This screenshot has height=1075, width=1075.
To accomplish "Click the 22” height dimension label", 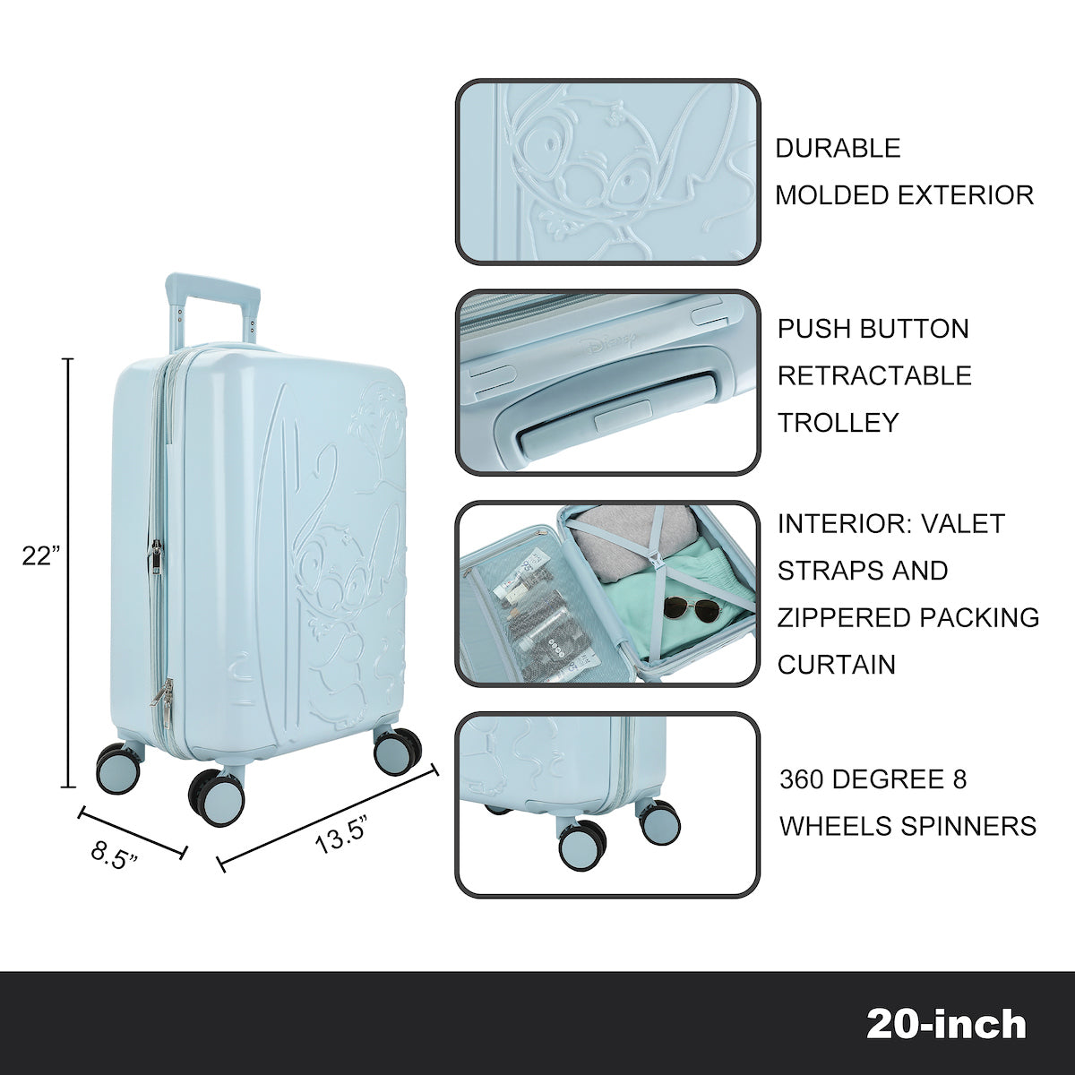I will click(40, 556).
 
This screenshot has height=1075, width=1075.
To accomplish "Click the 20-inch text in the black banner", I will click(946, 1024).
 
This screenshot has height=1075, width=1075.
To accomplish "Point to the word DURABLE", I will click(838, 148).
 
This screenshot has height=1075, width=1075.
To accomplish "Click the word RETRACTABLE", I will click(874, 375).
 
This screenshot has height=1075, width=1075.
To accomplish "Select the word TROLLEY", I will click(838, 423).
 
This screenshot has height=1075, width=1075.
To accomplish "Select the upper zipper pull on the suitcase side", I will click(156, 555).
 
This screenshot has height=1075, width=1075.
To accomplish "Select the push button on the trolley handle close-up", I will click(622, 418).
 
